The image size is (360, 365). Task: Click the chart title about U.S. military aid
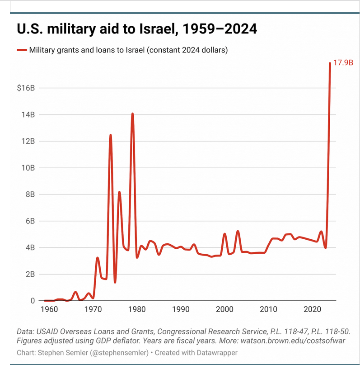pos(137,29)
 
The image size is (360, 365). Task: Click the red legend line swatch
pos(22,50)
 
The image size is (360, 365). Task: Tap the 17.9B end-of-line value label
pos(343,63)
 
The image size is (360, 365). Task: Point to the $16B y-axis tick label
pos(25,88)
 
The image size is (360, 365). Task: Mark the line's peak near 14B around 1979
pos(132,114)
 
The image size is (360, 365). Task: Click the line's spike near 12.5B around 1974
pos(110,135)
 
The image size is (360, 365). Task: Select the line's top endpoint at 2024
pos(330,63)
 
